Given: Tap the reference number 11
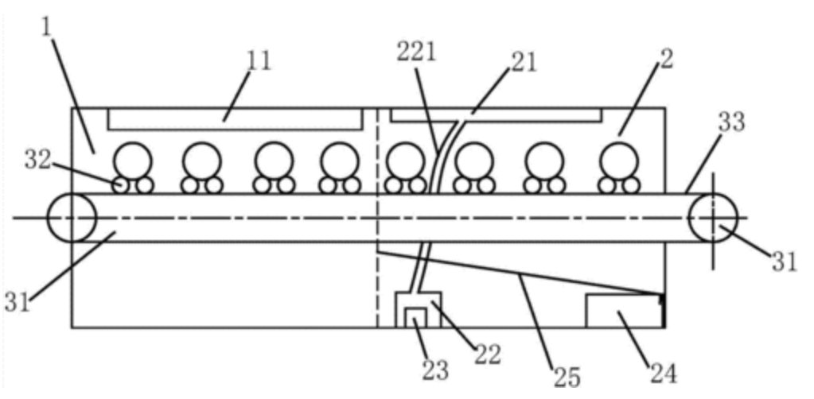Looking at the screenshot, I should click(x=260, y=60).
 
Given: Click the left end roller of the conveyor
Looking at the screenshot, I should click(x=72, y=217).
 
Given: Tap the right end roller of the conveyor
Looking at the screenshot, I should click(x=713, y=217).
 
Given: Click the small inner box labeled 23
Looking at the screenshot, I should click(x=414, y=317).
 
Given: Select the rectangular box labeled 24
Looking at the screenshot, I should click(x=623, y=311).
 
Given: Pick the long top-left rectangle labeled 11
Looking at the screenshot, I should click(x=236, y=119).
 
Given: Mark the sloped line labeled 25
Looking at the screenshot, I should click(x=525, y=272).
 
